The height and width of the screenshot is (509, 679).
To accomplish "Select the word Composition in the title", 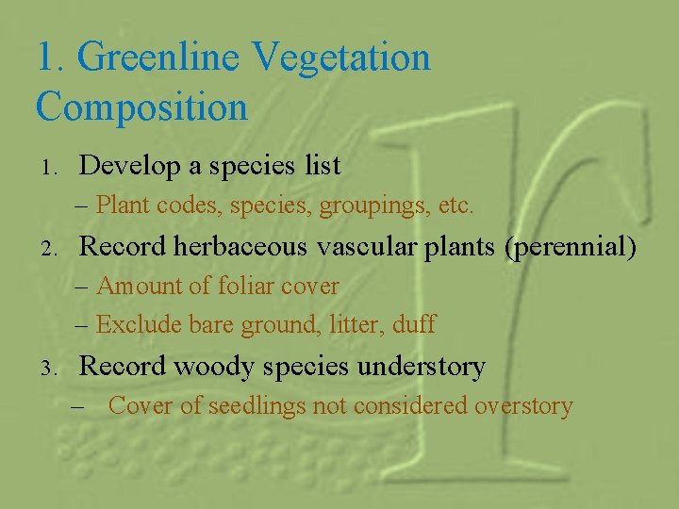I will pyautogui.click(x=141, y=106).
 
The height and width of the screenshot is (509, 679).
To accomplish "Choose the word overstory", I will pyautogui.click(x=523, y=406).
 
